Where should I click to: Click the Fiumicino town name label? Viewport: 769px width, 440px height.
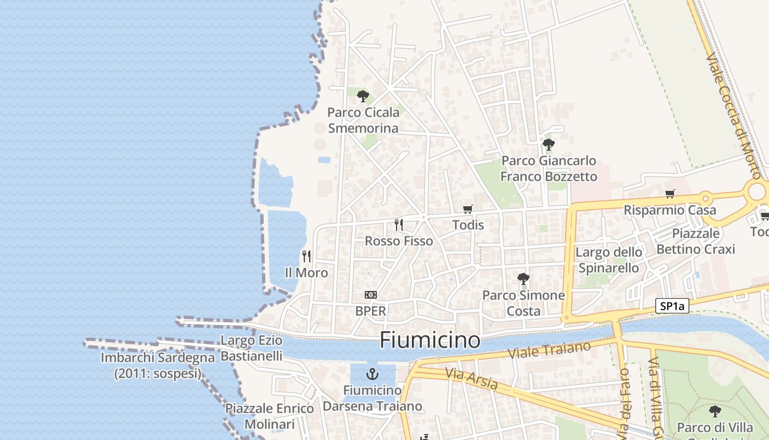pos(430,340)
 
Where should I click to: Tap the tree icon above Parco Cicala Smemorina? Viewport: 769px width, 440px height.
pos(363,97)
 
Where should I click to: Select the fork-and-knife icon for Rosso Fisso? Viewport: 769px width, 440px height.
pos(399,224)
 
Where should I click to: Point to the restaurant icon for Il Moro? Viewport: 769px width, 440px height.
pos(307,256)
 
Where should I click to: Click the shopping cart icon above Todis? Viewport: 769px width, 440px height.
pos(467,209)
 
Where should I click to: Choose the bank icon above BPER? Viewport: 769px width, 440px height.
pos(371,295)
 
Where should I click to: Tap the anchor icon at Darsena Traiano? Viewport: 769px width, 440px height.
pos(372,375)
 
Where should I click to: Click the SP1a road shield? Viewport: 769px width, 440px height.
pos(672,306)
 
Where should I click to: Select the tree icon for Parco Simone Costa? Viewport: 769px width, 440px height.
pos(523,279)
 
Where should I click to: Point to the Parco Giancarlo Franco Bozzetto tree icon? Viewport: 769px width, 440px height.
pos(548,145)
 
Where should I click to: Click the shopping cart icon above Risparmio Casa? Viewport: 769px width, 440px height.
pos(670,194)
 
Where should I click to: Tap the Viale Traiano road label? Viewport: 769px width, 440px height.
pos(549,350)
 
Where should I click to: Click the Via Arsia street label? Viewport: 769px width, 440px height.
pos(471,378)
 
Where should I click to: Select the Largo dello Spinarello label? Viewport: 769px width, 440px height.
pos(609,260)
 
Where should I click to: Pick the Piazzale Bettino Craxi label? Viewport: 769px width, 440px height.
pos(695,241)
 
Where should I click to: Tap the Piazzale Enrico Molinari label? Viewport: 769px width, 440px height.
pos(269,416)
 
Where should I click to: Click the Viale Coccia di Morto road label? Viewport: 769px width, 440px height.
pos(733,116)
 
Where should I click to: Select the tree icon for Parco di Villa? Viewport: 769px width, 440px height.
pos(715,411)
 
